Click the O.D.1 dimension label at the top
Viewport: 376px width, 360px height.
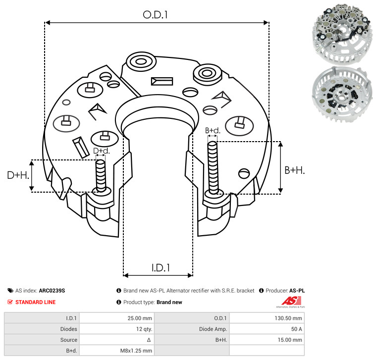point(155,15)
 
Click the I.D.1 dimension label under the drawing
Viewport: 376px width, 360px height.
point(161,268)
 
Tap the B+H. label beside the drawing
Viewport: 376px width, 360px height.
point(294,170)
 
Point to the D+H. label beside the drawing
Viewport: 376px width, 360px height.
point(18,175)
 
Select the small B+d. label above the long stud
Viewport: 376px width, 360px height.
point(213,131)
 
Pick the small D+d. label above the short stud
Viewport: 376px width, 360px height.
point(102,151)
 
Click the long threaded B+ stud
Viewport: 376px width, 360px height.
point(213,167)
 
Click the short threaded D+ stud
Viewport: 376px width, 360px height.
point(101,176)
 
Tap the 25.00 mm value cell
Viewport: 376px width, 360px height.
point(140,318)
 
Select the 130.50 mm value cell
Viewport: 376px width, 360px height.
point(288,318)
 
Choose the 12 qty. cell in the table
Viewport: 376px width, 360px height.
point(144,329)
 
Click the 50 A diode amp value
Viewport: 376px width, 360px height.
point(297,329)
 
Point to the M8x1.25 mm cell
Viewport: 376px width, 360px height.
point(136,351)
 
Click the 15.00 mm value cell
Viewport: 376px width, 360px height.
point(290,340)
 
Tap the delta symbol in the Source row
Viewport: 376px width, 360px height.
point(149,340)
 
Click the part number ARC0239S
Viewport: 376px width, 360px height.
point(52,291)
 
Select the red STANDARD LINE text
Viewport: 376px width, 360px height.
point(36,302)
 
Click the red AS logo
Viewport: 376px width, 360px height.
point(291,301)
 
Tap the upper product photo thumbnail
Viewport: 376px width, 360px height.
point(342,34)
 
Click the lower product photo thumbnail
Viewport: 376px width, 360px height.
point(342,94)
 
